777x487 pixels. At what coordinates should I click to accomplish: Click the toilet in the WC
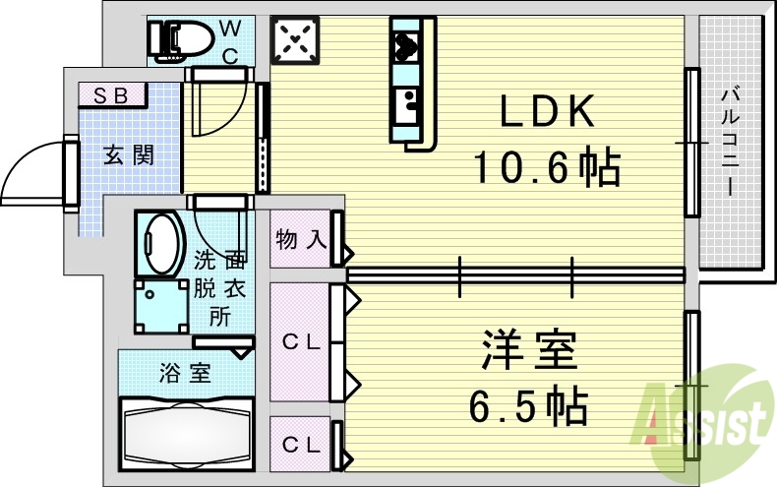coord(180,40)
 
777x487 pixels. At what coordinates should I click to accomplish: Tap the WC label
coord(230,42)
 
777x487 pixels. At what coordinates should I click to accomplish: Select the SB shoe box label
coord(111,95)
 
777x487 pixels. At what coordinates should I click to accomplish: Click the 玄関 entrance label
coord(129,155)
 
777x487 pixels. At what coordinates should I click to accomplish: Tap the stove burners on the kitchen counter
coord(406,46)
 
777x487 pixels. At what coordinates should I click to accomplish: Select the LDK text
coord(547,111)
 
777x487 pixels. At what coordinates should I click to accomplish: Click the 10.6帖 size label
coord(547,166)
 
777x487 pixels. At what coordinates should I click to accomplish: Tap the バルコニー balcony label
coord(730,142)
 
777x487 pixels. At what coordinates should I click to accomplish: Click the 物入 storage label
coord(301,240)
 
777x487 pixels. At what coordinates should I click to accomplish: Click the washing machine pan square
coord(161,306)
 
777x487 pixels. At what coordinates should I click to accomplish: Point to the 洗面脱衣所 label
coord(220,287)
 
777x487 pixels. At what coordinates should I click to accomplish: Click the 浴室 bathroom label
coord(185,372)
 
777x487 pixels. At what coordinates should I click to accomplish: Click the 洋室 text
coord(529,349)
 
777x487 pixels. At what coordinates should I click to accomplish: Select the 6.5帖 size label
coord(528,405)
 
